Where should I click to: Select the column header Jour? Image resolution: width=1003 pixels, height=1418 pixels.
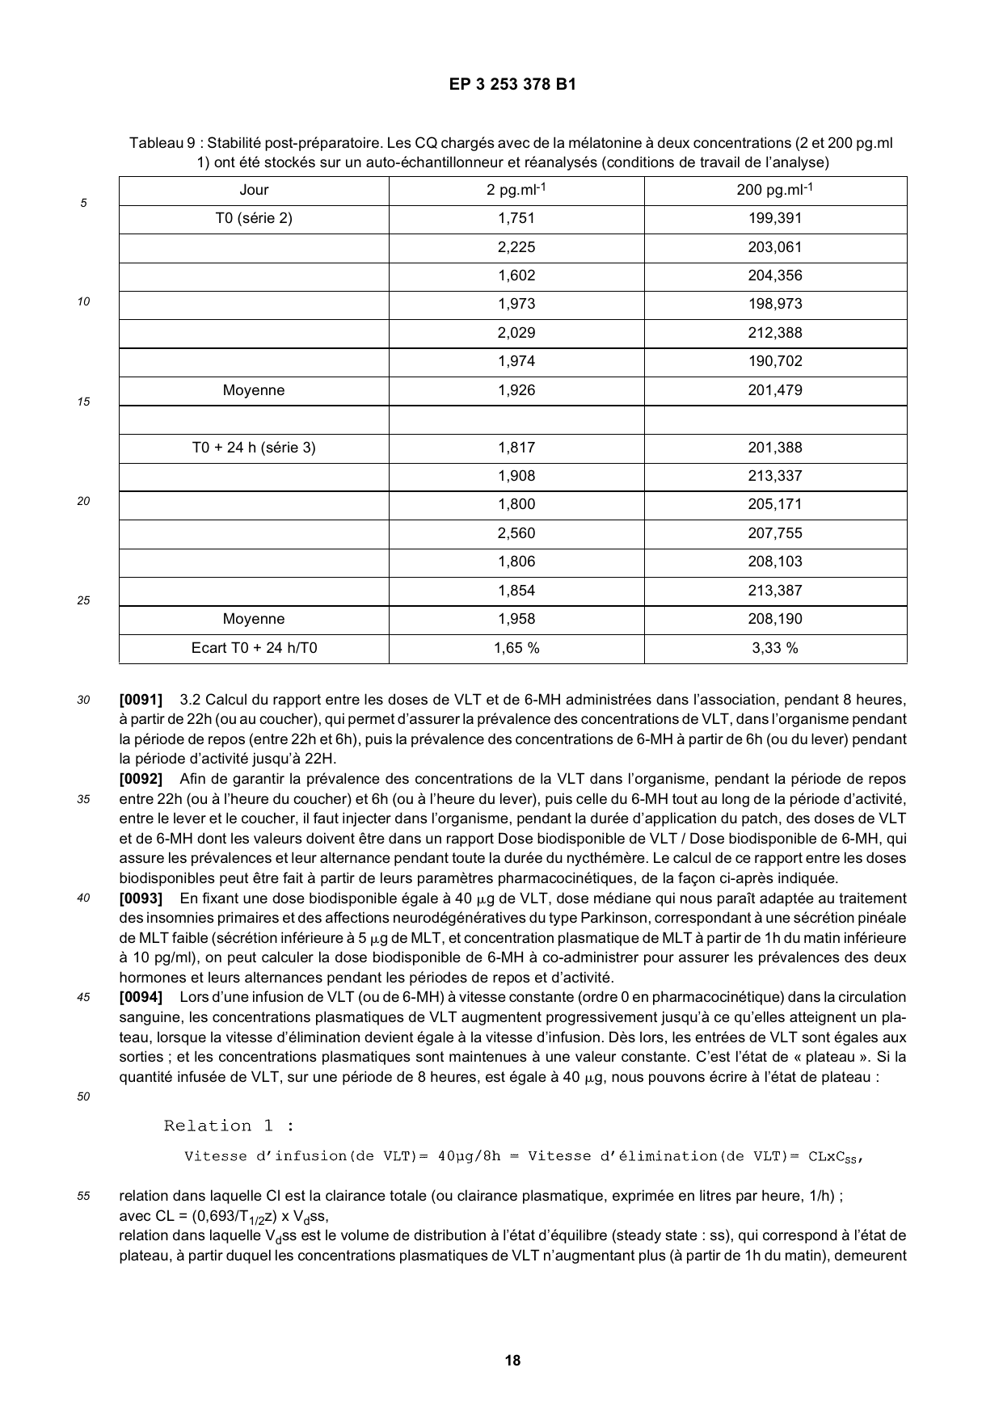pos(254,190)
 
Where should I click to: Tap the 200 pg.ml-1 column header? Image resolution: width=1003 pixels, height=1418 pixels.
pos(774,190)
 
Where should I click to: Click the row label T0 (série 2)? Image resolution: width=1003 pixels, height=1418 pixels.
pos(254,218)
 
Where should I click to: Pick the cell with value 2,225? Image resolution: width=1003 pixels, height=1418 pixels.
pos(516,247)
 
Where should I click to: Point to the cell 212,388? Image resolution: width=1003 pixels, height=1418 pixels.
pos(774,333)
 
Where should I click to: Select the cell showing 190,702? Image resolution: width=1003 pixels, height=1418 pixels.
pos(774,361)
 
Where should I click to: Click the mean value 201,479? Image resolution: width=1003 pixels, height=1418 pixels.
pos(774,390)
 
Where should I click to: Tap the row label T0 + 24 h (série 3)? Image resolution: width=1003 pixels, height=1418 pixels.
pos(254,448)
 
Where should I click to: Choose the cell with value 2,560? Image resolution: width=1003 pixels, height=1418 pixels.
pos(516,533)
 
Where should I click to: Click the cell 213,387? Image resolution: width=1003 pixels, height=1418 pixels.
pos(774,591)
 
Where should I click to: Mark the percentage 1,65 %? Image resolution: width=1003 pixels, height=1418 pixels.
pos(516,648)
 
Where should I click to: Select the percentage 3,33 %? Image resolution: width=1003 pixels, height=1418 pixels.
pos(774,648)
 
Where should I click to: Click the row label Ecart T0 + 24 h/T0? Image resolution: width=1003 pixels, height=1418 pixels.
pos(254,648)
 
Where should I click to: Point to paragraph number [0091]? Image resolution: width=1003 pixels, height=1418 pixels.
pos(141,700)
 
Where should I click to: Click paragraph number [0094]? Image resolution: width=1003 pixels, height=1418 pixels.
pos(141,998)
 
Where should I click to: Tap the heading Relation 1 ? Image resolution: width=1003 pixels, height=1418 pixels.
pos(229,1126)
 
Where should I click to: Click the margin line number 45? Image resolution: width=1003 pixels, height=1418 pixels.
pos(83,998)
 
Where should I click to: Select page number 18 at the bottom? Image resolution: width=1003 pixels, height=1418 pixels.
pos(512,1361)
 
